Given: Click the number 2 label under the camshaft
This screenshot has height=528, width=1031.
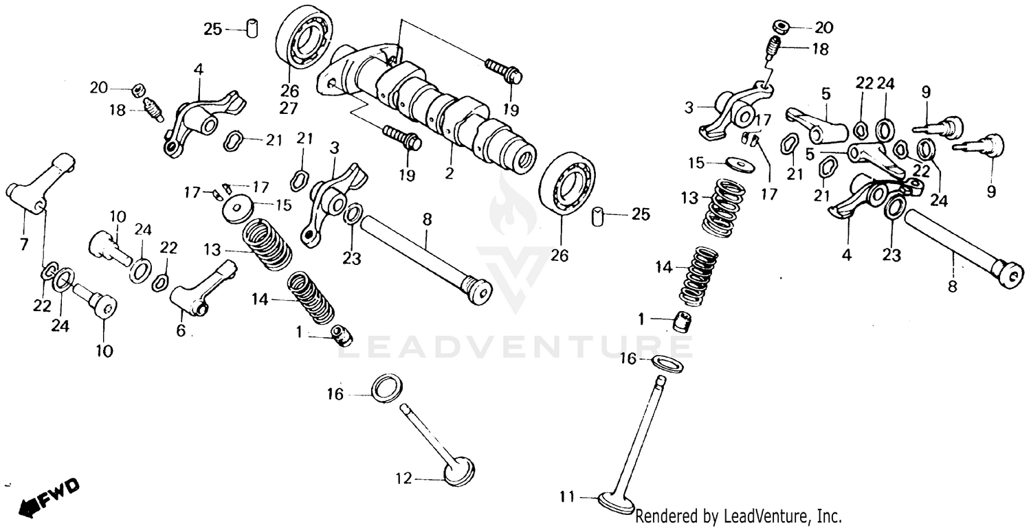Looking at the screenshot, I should (x=449, y=174).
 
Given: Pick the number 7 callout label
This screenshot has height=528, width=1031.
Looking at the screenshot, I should (x=24, y=244).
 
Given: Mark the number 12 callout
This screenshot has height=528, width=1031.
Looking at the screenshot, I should (x=403, y=479).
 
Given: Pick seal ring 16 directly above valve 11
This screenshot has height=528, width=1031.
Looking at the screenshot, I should (x=666, y=363).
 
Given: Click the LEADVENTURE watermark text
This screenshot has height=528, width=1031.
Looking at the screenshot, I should (x=515, y=345).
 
